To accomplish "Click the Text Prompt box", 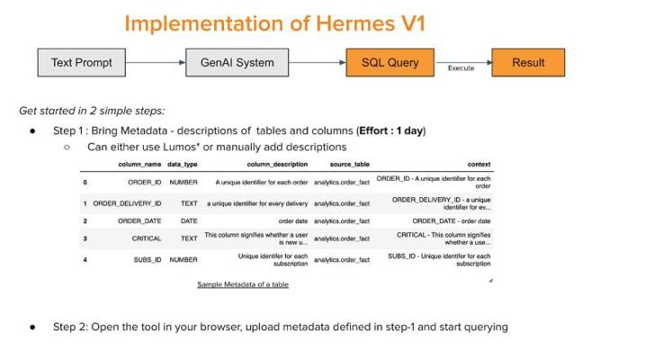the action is [81, 63].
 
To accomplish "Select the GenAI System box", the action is [237, 63].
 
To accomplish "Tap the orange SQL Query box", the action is [390, 63].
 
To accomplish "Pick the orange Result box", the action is [528, 63].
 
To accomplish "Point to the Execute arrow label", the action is [461, 68].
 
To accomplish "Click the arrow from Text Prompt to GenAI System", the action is [156, 63].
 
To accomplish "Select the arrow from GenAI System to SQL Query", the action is [317, 63].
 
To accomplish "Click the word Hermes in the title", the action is [355, 23].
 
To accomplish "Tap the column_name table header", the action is [139, 165].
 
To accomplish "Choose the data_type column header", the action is [183, 165].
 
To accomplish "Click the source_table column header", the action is [350, 165].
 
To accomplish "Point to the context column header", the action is [479, 165].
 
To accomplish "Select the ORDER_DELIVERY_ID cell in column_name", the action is [127, 203].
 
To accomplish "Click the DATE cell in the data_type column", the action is [189, 221].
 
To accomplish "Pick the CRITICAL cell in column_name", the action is [147, 238].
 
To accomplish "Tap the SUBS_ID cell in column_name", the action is [148, 259].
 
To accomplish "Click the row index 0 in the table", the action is [85, 183].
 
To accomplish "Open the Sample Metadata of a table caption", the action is [243, 284].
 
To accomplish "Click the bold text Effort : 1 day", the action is [390, 130].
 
